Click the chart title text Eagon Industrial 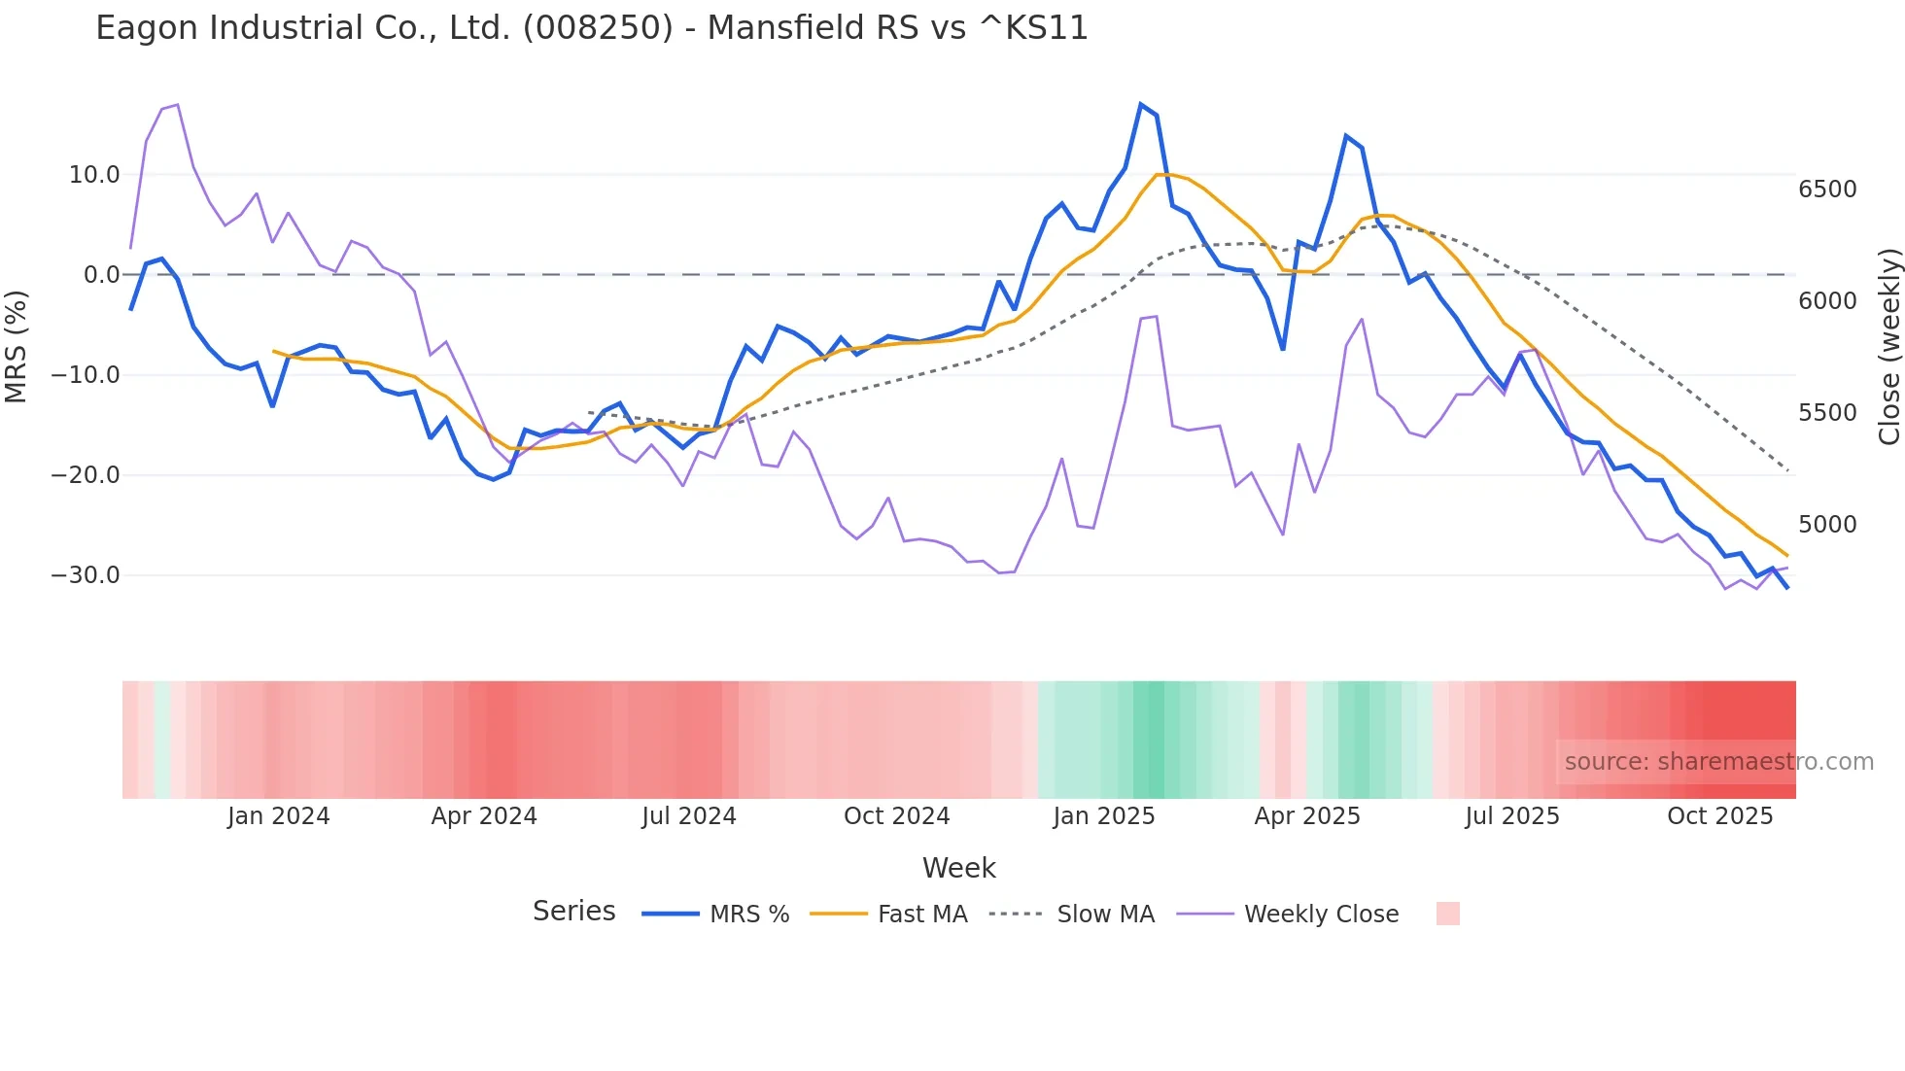click(x=591, y=28)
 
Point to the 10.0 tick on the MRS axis click(x=93, y=175)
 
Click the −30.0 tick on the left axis click(x=86, y=575)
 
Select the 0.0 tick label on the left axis click(x=101, y=275)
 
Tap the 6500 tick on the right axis click(x=1827, y=190)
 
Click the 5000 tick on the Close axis click(x=1827, y=525)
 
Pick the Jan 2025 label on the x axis click(x=1103, y=816)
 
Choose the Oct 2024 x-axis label click(x=896, y=816)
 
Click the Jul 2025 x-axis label click(x=1511, y=816)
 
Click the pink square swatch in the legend click(x=1447, y=914)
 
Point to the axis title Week click(x=958, y=868)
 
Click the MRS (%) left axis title click(x=16, y=347)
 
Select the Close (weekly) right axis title click(x=1888, y=347)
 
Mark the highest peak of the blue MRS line click(x=1141, y=104)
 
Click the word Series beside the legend click(x=573, y=912)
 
